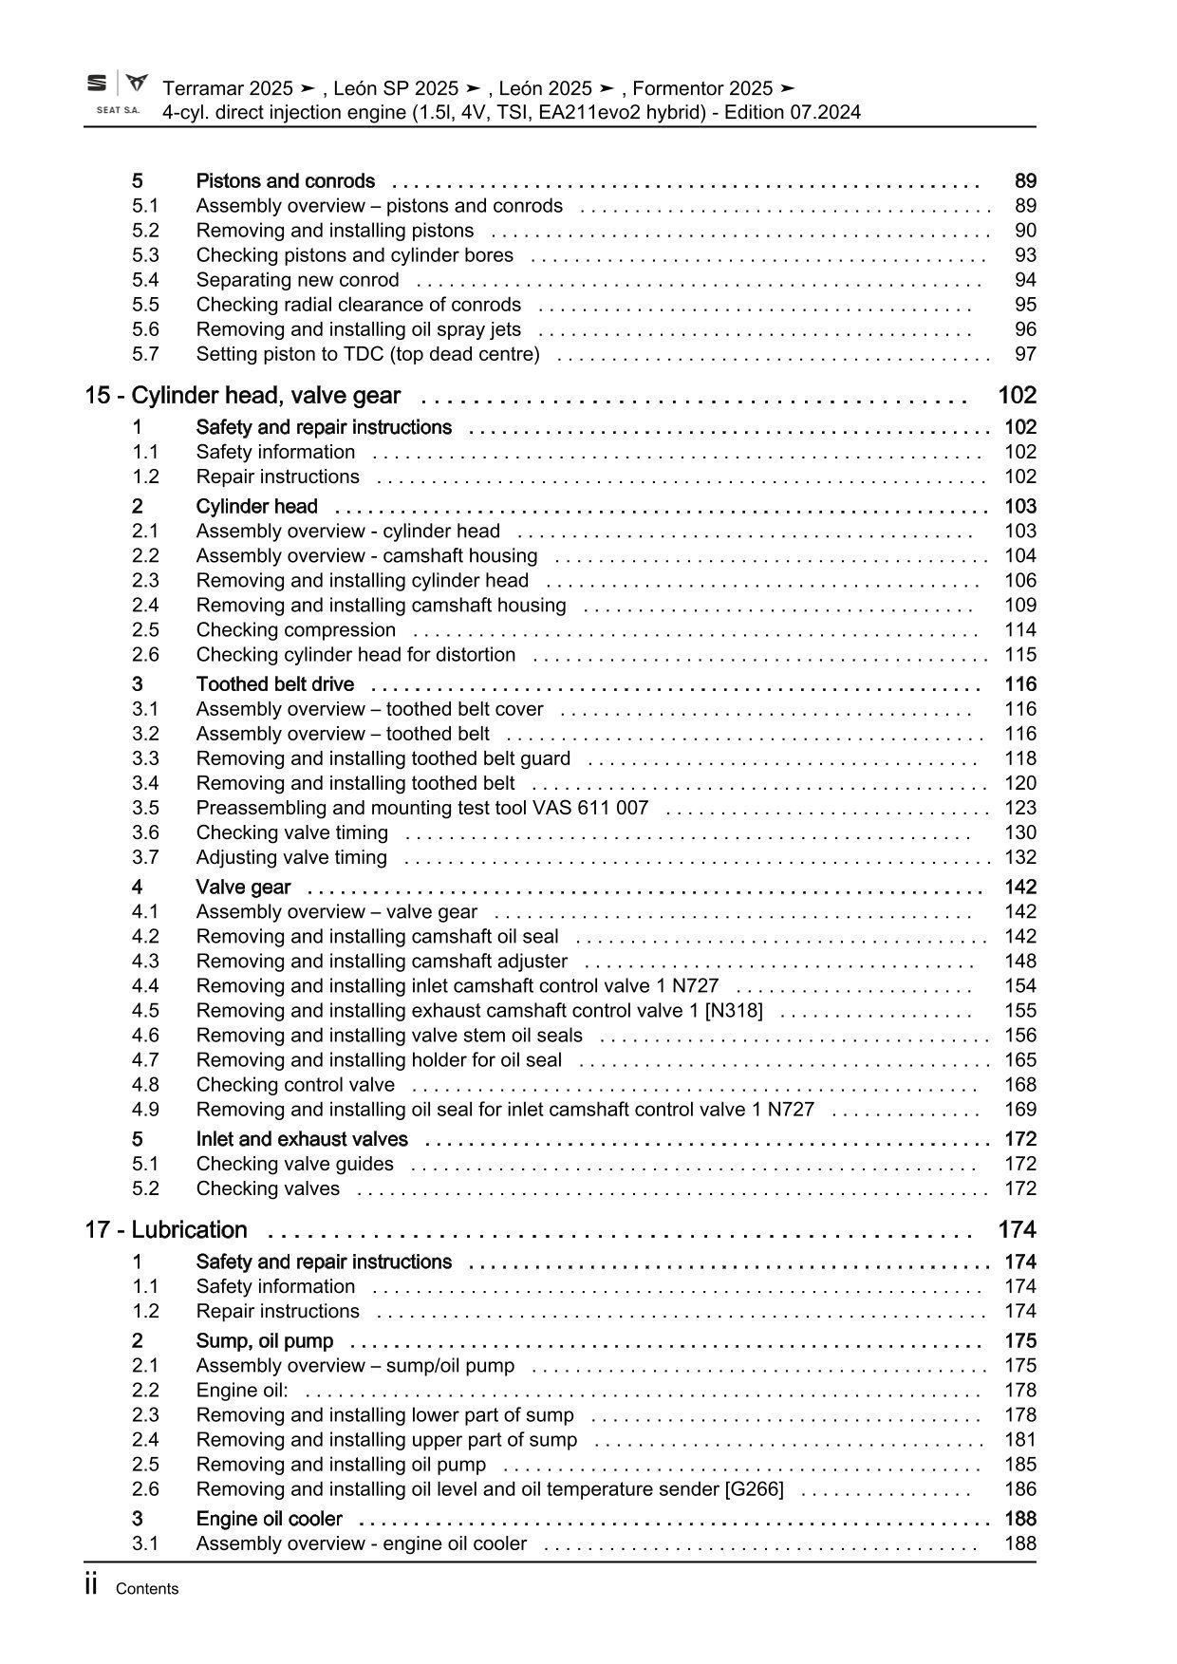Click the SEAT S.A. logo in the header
pos(118,94)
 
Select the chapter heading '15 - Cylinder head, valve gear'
pos(242,396)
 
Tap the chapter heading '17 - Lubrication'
pos(166,1230)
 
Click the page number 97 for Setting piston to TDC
pos(1025,354)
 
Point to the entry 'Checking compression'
pos(295,630)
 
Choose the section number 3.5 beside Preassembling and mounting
pos(145,808)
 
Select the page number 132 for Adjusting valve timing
pos(1020,857)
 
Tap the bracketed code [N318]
pos(734,1011)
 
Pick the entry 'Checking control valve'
pos(295,1085)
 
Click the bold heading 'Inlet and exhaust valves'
pos(302,1139)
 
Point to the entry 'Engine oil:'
pos(242,1391)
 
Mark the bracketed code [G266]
pos(754,1489)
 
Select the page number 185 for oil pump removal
pos(1020,1465)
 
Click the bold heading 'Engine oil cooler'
pos(269,1519)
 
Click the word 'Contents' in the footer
pos(146,1589)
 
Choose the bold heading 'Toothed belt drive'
pos(274,684)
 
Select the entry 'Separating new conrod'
pos(297,280)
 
